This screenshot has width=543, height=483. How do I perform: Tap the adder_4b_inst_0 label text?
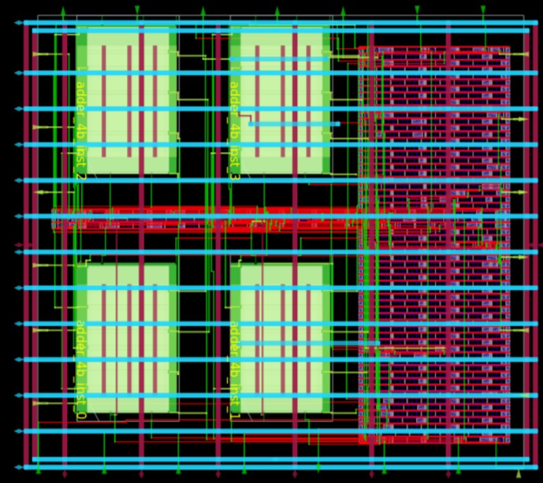tap(80, 370)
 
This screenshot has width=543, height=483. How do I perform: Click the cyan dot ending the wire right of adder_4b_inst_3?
tap(338, 123)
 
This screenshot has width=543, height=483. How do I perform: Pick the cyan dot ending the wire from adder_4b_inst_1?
tap(378, 343)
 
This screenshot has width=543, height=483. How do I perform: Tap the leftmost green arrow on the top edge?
tap(64, 10)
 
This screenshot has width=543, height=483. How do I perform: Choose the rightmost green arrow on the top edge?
tap(483, 9)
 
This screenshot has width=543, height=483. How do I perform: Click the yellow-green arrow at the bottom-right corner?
tap(518, 474)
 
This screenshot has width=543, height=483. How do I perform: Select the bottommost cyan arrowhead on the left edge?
tap(18, 467)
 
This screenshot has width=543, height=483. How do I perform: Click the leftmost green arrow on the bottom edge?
tap(38, 470)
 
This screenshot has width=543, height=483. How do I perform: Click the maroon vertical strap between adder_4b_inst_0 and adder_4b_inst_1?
tap(217, 335)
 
